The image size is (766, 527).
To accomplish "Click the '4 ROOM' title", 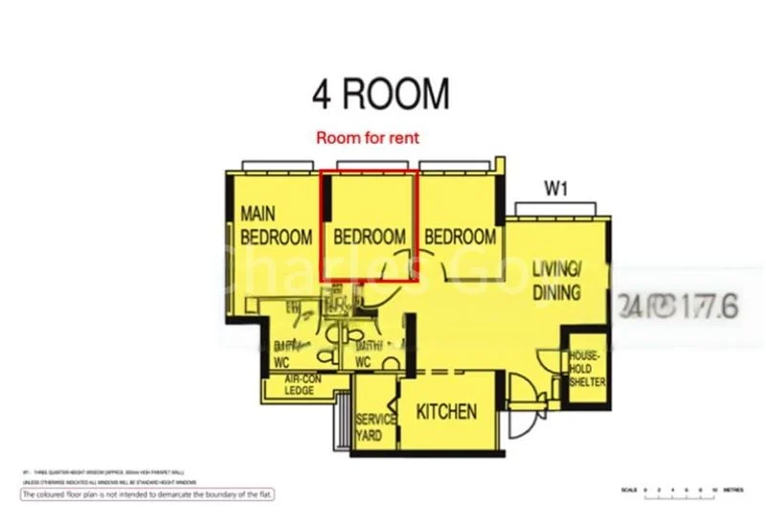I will coord(380,94).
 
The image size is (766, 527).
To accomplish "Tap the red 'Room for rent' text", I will coord(368,138).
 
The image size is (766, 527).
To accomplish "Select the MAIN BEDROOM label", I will coord(276,224).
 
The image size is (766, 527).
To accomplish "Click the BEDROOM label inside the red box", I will coord(369,237).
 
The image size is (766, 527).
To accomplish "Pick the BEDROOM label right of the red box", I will coord(461,237).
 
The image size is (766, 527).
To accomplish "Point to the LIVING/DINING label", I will coord(556,279).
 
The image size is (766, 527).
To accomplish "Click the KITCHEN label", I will coord(446,412).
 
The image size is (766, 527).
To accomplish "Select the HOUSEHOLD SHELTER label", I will coord(586,368).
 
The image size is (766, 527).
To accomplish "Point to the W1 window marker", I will coord(556,190).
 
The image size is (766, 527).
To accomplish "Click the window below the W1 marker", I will coord(555,208).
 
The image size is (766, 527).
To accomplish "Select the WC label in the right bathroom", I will coord(363,363).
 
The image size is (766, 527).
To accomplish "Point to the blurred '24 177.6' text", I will coord(678,307).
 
